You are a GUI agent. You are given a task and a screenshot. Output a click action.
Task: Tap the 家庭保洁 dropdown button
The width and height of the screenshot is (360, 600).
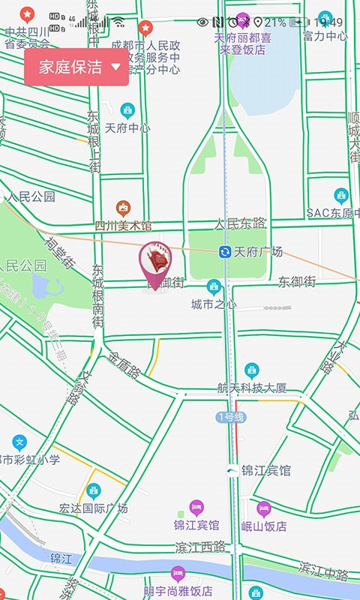coord(76,67)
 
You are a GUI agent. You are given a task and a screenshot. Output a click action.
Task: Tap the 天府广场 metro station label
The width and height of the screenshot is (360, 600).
coord(258,251)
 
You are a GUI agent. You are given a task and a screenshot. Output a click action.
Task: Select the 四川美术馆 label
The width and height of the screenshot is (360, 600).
coord(123,225)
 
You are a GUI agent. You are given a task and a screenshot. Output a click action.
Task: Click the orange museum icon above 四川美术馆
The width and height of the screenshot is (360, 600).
coord(124,208)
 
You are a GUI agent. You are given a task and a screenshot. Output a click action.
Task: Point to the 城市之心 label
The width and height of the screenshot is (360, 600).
coord(214,304)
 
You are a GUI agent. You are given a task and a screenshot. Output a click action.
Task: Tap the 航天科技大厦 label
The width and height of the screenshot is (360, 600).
coord(252,388)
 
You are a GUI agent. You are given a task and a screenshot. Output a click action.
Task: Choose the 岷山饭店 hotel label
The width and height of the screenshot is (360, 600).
coord(264,526)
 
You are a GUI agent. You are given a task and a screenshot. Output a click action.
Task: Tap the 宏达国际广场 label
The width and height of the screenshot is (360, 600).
coord(94,508)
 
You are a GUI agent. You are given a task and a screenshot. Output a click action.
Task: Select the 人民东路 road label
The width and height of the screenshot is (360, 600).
coord(240,223)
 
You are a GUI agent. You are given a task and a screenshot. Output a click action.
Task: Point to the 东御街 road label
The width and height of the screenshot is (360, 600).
coord(297,282)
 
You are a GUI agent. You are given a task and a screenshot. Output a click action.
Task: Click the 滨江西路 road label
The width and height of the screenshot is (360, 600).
coord(200,546)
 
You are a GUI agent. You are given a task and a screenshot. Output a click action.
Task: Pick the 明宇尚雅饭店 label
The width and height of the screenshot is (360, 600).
coord(178,591)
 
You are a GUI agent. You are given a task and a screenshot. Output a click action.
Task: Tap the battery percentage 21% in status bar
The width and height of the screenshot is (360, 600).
coord(274,22)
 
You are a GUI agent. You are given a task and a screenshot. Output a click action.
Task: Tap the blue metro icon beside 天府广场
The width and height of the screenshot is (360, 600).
coord(225,251)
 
